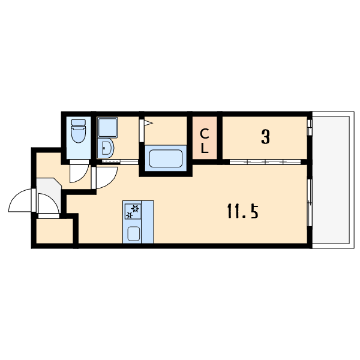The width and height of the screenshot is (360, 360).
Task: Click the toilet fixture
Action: (x=78, y=131)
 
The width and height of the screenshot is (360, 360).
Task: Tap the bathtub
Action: (x=166, y=158)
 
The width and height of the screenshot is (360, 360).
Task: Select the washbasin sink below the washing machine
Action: (x=106, y=148)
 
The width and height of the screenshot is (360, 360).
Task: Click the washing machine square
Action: (x=107, y=128)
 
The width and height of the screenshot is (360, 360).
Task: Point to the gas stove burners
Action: (x=133, y=211)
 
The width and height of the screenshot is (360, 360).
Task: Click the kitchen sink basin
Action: (x=134, y=234)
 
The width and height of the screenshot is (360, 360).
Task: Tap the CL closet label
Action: (x=205, y=141)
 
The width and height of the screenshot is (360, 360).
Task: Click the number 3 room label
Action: (x=265, y=137)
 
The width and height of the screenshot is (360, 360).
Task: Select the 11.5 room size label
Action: (x=243, y=211)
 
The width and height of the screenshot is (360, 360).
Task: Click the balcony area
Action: (x=332, y=180)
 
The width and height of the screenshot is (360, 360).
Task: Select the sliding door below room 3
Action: (x=265, y=162)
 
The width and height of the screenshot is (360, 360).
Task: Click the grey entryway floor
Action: (x=49, y=195)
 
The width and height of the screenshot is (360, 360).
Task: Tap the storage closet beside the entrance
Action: (x=55, y=231)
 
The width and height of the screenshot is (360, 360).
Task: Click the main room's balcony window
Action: (x=310, y=203)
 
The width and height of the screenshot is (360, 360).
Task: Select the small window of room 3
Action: (x=310, y=127)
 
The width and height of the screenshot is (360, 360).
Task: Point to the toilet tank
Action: (x=79, y=122)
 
